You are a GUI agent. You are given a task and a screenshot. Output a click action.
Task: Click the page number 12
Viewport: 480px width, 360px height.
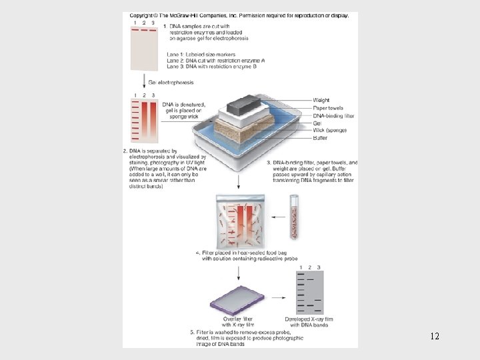click(435, 337)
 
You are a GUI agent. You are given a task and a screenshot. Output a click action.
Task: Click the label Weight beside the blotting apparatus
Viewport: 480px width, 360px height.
click(321, 100)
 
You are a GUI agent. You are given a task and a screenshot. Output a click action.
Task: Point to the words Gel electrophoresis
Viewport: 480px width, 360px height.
click(171, 82)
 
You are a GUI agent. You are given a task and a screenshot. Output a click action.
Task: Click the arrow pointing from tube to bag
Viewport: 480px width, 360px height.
click(274, 214)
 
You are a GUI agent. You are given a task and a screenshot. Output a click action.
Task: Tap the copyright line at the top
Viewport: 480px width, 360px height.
click(239, 15)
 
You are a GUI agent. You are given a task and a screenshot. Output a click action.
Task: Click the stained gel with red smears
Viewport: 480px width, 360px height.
click(143, 120)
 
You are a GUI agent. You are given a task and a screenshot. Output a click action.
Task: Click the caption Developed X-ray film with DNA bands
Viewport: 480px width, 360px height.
click(310, 323)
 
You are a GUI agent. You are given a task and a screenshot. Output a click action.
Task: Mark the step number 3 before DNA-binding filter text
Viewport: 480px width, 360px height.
click(268, 163)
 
